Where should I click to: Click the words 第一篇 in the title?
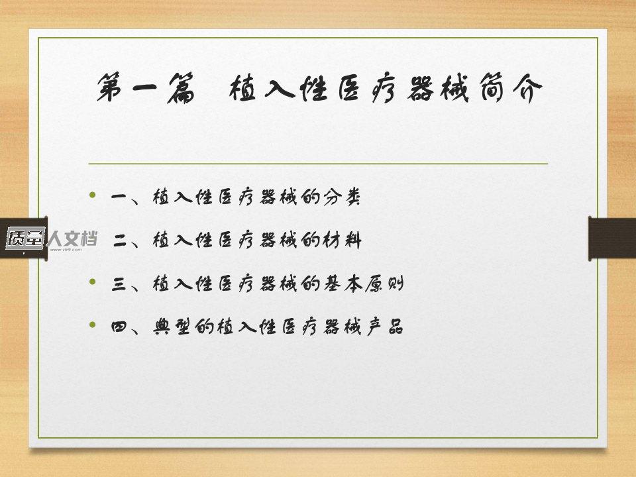point(146,87)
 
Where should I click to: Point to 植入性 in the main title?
point(278,87)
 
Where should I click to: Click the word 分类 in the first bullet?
point(342,197)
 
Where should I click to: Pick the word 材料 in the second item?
point(342,240)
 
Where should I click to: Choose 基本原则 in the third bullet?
point(364,283)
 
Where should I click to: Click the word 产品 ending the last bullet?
point(384,326)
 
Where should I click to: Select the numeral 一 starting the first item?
point(120,197)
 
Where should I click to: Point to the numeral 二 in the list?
point(121,241)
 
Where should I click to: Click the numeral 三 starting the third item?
point(120,284)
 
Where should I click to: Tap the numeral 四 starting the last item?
point(120,327)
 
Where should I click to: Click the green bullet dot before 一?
point(93,195)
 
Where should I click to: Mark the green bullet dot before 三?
point(93,282)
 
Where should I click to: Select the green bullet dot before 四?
point(93,325)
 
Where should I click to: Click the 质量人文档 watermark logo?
point(52,238)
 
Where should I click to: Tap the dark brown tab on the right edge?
point(612,238)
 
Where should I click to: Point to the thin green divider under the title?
point(318,164)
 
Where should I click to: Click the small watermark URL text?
point(66,250)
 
